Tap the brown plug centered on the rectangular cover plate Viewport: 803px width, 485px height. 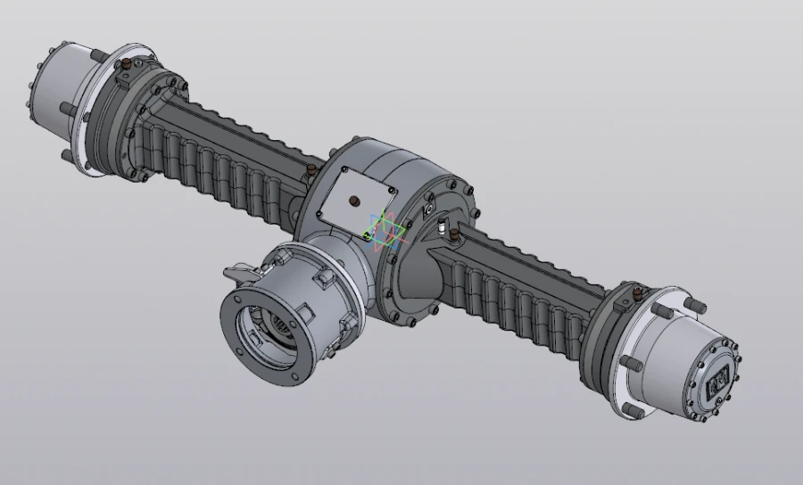coord(356,199)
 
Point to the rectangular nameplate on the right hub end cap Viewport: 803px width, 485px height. coord(717,378)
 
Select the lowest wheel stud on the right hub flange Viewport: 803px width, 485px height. coord(630,409)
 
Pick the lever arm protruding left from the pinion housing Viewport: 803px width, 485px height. coord(239,269)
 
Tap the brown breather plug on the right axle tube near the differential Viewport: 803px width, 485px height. coord(454,234)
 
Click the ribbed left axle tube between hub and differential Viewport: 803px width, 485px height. coord(223,147)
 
